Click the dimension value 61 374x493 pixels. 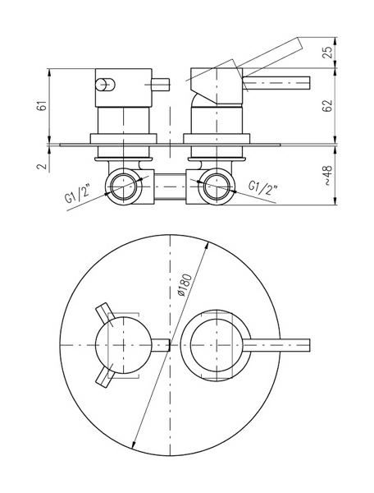point(43,105)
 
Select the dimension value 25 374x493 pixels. point(327,52)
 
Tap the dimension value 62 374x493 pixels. point(327,106)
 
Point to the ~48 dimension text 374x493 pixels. point(327,176)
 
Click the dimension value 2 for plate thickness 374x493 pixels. point(43,166)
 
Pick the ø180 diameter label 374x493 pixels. point(185,285)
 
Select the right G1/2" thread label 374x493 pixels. point(262,187)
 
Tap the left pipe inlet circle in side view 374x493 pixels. point(124,187)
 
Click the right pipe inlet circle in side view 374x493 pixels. point(217,187)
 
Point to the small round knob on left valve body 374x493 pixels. point(103,85)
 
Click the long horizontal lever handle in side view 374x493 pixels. point(276,83)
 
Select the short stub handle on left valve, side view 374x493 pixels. point(160,85)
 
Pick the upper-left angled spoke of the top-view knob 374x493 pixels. point(104,314)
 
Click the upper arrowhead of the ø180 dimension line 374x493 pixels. point(207,245)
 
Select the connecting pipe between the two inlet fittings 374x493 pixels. point(170,187)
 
